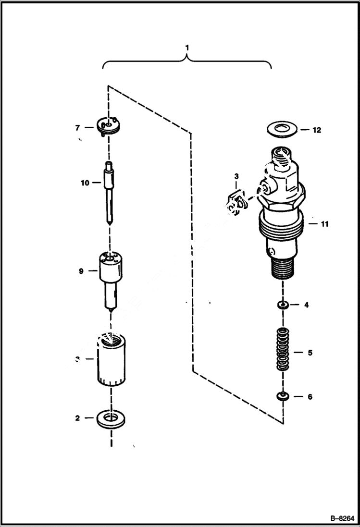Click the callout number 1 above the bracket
pos(187,48)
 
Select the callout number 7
pos(77,127)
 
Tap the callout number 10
pos(85,183)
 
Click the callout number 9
pos(81,271)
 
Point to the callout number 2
pos(77,418)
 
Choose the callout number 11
pos(325,224)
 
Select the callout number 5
pos(310,353)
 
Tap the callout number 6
pos(310,397)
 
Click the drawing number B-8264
pos(341,518)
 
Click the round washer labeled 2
pos(111,418)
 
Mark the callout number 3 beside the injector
pos(236,177)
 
